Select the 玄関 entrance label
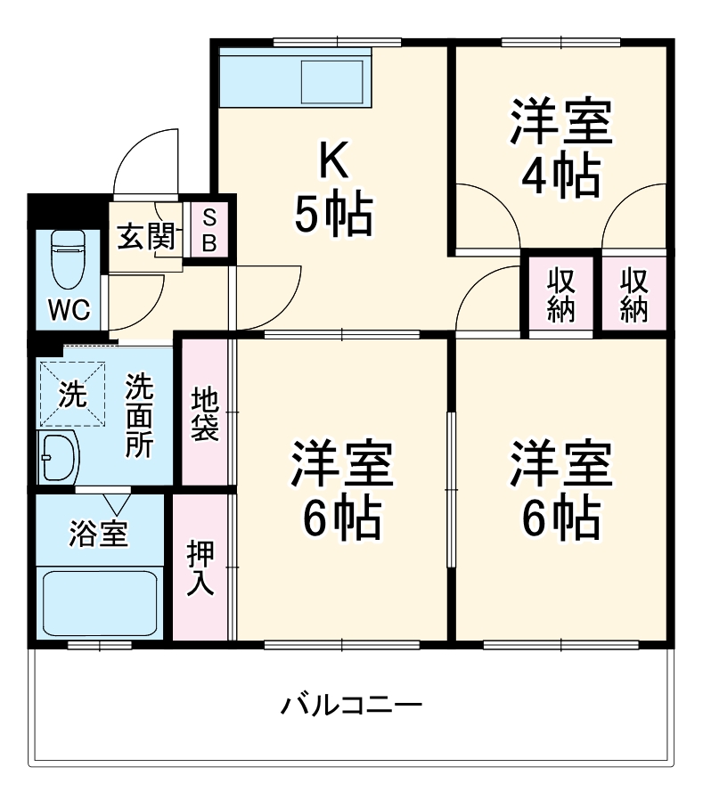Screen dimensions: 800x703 tap(144, 238)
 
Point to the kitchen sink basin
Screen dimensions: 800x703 tap(331, 82)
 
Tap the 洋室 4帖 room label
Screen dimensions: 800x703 tap(560, 150)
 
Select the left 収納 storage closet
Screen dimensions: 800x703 tap(560, 295)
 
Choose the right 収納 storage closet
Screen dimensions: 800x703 tap(634, 295)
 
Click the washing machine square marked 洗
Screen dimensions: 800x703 tap(71, 393)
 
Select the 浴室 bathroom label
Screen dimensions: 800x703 tap(99, 534)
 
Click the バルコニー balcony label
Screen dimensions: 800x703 tap(351, 706)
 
